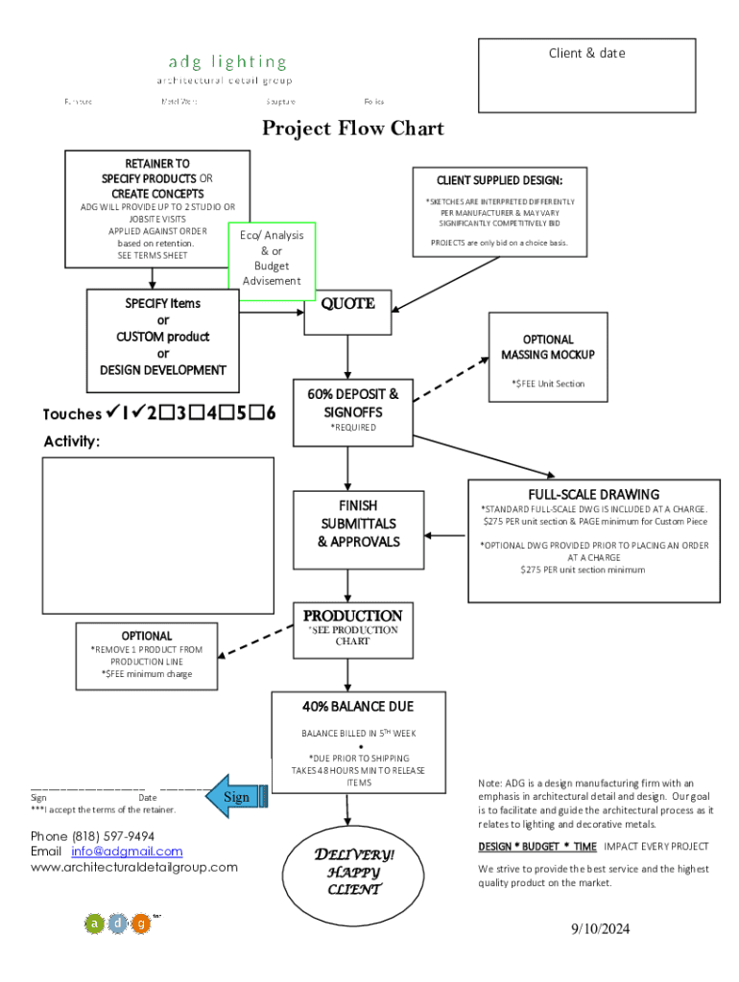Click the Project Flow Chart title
point(353,129)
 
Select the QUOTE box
point(347,312)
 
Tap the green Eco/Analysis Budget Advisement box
point(272,255)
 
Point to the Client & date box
point(586,76)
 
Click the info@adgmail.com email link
point(126,852)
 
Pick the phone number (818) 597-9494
point(92,836)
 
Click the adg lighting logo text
point(227,62)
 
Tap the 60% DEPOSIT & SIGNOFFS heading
point(353,403)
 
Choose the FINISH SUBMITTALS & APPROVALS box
point(357,524)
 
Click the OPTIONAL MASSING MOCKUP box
point(547,347)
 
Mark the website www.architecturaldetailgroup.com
point(133,867)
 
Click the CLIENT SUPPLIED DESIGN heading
point(499,180)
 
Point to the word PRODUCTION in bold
point(352,616)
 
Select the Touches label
point(72,414)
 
